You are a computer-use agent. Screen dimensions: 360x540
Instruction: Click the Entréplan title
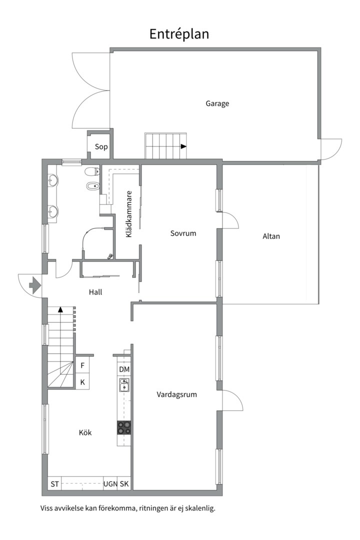179,34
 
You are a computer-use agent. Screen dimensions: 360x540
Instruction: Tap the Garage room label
217,103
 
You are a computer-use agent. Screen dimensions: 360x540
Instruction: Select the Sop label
101,146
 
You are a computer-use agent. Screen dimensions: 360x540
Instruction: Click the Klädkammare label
129,214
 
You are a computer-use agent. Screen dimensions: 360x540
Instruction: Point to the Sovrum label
183,233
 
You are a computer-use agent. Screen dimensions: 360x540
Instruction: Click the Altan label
271,236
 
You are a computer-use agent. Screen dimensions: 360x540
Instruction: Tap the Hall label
95,292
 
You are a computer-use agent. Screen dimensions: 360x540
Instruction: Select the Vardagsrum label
176,394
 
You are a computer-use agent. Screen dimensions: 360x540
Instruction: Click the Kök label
85,432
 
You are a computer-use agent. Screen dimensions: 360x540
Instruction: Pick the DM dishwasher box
124,369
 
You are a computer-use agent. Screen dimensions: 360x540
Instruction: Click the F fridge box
82,365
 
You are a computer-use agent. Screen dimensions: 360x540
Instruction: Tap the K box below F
82,382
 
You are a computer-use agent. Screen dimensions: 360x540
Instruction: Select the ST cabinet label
54,484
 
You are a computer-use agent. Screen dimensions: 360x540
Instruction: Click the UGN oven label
110,484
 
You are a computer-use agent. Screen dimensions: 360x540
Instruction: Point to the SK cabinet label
124,484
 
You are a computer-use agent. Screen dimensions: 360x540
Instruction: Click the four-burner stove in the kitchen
124,427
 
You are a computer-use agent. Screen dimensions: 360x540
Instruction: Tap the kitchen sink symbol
124,384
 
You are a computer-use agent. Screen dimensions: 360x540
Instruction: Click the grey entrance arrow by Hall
35,285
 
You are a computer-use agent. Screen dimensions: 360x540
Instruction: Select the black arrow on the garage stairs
183,146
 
